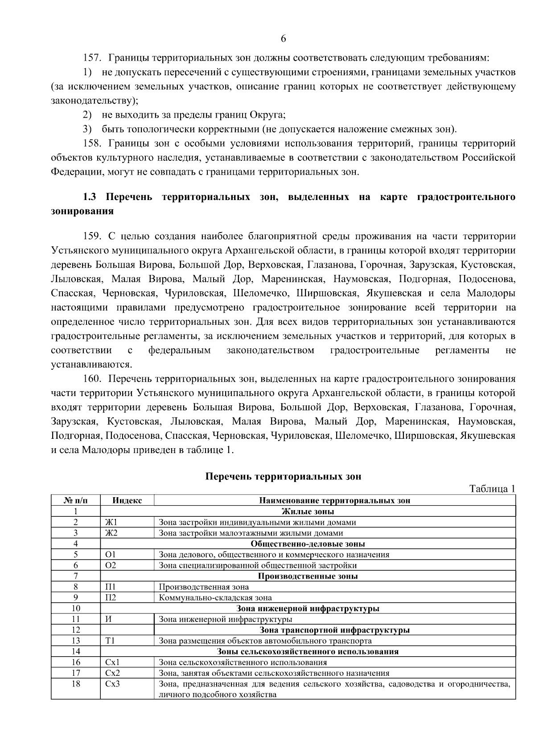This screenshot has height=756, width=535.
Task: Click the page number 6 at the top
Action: pyautogui.click(x=284, y=39)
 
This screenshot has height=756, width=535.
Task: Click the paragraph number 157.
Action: pyautogui.click(x=93, y=58)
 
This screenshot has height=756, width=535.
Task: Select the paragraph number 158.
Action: pyautogui.click(x=93, y=143)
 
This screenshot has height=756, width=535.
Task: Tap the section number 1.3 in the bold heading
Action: pyautogui.click(x=91, y=197)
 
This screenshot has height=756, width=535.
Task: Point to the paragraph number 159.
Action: pyautogui.click(x=93, y=236)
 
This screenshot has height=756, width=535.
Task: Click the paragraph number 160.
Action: pyautogui.click(x=93, y=379)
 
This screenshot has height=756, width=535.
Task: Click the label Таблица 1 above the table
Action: pyautogui.click(x=492, y=489)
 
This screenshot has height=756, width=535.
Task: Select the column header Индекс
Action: pyautogui.click(x=127, y=500)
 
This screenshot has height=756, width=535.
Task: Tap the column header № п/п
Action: pyautogui.click(x=76, y=500)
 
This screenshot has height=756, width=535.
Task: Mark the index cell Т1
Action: pyautogui.click(x=110, y=641)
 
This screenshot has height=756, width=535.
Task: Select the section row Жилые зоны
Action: pyautogui.click(x=308, y=511)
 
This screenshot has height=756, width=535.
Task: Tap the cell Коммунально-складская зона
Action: pyautogui.click(x=215, y=598)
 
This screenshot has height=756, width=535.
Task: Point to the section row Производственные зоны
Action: pyautogui.click(x=308, y=576)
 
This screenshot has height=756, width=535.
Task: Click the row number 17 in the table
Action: pyautogui.click(x=76, y=673)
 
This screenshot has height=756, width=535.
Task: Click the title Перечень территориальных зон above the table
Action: pyautogui.click(x=283, y=477)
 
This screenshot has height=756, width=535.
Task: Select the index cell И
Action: pyautogui.click(x=108, y=619)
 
